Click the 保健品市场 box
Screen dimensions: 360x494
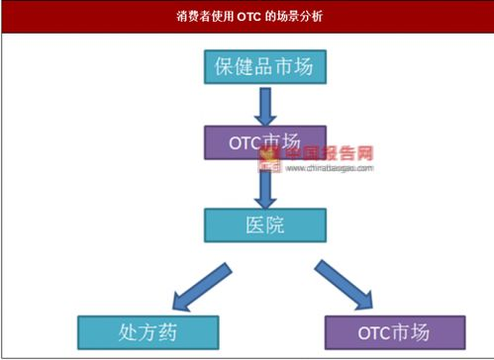[x=264, y=68]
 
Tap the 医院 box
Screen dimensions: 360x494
[x=264, y=225]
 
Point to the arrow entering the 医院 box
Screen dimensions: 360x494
[x=264, y=185]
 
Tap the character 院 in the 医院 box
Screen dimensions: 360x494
[x=276, y=225]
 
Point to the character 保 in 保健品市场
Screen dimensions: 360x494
[x=224, y=68]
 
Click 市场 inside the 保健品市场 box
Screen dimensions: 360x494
[x=295, y=68]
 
